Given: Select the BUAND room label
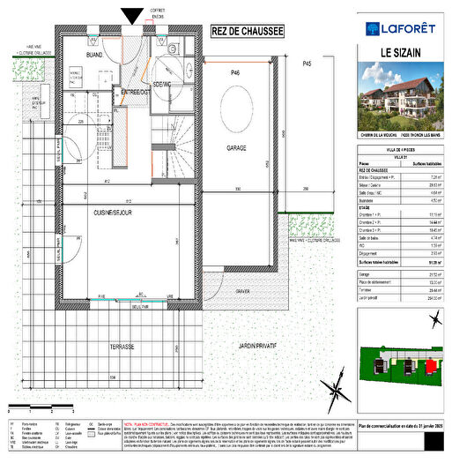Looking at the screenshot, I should point(94,55).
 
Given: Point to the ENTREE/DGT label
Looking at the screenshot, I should point(137,92).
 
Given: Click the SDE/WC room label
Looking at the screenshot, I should point(164,83).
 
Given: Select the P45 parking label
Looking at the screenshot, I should point(306,64).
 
